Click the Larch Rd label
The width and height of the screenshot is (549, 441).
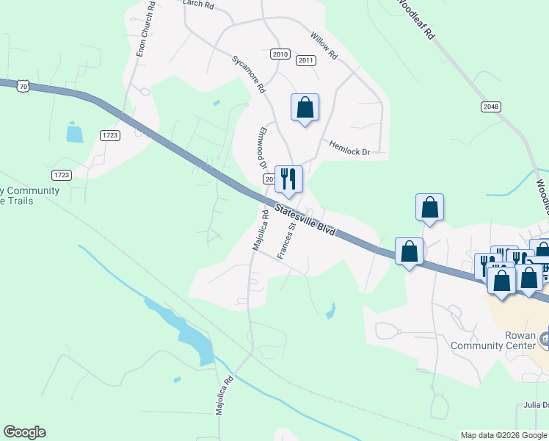coord(198,4)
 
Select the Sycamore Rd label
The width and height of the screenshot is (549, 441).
coord(248,73)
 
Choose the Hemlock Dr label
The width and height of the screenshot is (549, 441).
coord(349,148)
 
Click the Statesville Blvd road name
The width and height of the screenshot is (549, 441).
coord(305,220)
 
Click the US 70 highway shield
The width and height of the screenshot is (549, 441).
coord(23,87)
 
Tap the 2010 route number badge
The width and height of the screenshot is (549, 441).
coord(280,54)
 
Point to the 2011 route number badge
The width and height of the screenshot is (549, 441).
coord(306,61)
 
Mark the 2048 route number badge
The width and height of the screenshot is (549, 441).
coord(492,107)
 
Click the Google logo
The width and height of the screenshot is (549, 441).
coord(24,432)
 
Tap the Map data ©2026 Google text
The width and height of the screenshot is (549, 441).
coord(503,435)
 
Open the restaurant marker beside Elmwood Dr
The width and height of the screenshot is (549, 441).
coord(288,179)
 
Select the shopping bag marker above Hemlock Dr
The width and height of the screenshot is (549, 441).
coord(305,108)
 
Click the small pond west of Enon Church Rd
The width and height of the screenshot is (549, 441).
coord(75,132)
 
